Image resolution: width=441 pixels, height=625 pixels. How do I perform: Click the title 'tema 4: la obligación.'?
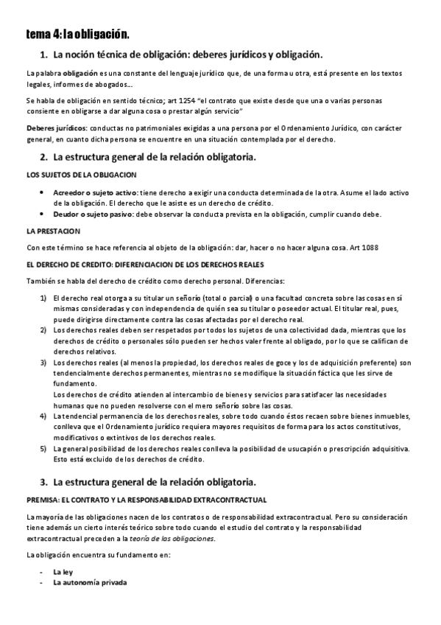[x=77, y=34]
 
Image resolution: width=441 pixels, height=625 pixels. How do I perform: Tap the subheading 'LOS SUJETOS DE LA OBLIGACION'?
[x=81, y=175]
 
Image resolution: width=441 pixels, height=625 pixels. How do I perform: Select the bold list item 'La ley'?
[x=63, y=571]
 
